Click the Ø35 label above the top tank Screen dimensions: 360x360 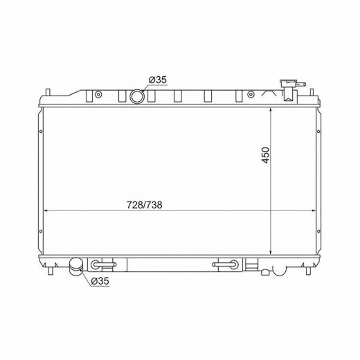click(158, 80)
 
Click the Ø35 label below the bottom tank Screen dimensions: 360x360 click(100, 281)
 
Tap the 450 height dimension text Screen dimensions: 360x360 click(266, 155)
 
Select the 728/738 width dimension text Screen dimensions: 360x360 click(145, 205)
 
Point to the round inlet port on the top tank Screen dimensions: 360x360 click(137, 96)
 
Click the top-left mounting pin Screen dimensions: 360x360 click(48, 92)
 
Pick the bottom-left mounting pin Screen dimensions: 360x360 click(51, 271)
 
